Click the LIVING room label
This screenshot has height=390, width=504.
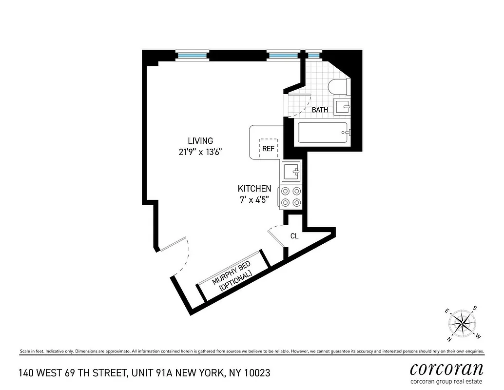[x=197, y=141]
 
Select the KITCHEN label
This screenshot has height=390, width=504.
[x=254, y=189]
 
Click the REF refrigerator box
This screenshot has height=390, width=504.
[x=268, y=148]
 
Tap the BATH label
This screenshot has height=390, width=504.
[x=320, y=110]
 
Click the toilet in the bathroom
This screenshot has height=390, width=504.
[x=338, y=88]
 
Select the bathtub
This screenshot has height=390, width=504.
[x=322, y=133]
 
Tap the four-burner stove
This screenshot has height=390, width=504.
[x=291, y=197]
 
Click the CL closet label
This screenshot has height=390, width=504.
[x=294, y=236]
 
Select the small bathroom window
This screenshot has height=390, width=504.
[x=313, y=55]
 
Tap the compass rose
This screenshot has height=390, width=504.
[x=461, y=323]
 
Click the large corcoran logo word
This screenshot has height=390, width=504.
[x=446, y=369]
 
